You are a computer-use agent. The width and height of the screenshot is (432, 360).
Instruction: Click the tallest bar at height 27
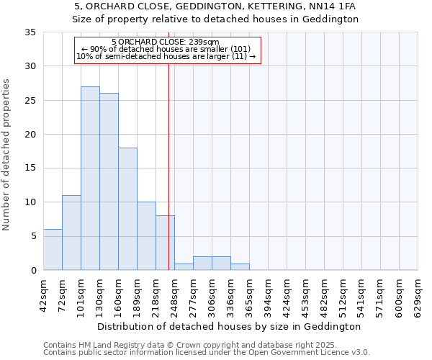90,178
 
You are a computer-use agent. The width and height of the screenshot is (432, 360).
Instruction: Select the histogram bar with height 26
109,181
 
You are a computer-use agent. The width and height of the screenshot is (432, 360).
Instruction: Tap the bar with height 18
127,209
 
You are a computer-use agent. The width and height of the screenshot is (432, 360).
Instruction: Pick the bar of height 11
71,233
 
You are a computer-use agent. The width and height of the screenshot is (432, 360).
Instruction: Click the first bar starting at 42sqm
53,249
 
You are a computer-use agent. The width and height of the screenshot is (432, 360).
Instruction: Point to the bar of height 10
146,235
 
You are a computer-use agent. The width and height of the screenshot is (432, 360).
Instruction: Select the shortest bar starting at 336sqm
240,266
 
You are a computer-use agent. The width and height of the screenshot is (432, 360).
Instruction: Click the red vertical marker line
168,166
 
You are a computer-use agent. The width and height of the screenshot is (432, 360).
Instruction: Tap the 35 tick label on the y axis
30,32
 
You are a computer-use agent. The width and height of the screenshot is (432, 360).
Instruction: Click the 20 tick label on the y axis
30,135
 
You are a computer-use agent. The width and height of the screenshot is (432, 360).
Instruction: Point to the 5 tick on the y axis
33,236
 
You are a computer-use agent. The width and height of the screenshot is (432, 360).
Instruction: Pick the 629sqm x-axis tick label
421,293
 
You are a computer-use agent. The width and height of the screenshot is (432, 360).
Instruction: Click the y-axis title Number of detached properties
6,155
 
